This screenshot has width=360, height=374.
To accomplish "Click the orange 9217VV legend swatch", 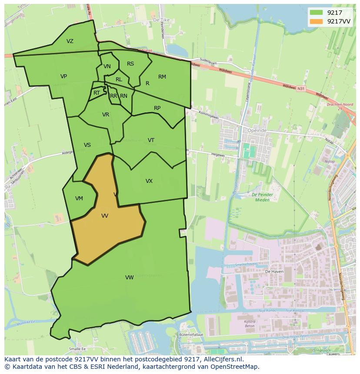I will click(316, 21).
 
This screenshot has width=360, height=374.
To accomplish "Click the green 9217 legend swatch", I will click(316, 12).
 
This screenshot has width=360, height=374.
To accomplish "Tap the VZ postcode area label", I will click(70, 41).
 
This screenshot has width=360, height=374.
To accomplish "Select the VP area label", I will click(63, 76).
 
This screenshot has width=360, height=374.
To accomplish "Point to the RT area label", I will click(97, 93).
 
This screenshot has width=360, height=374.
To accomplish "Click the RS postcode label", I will click(130, 64).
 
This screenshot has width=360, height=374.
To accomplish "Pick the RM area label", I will click(162, 77).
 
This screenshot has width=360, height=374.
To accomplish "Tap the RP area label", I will click(157, 108).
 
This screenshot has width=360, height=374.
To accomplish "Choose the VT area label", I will click(151, 140).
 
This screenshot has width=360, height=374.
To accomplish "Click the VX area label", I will click(149, 181).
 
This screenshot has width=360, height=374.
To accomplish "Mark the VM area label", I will click(79, 199).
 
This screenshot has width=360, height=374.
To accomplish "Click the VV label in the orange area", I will click(105, 215).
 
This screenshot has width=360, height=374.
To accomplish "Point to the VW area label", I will click(130, 277).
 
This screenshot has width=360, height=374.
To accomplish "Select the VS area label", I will click(87, 145).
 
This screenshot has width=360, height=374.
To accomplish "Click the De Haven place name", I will click(273, 271).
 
